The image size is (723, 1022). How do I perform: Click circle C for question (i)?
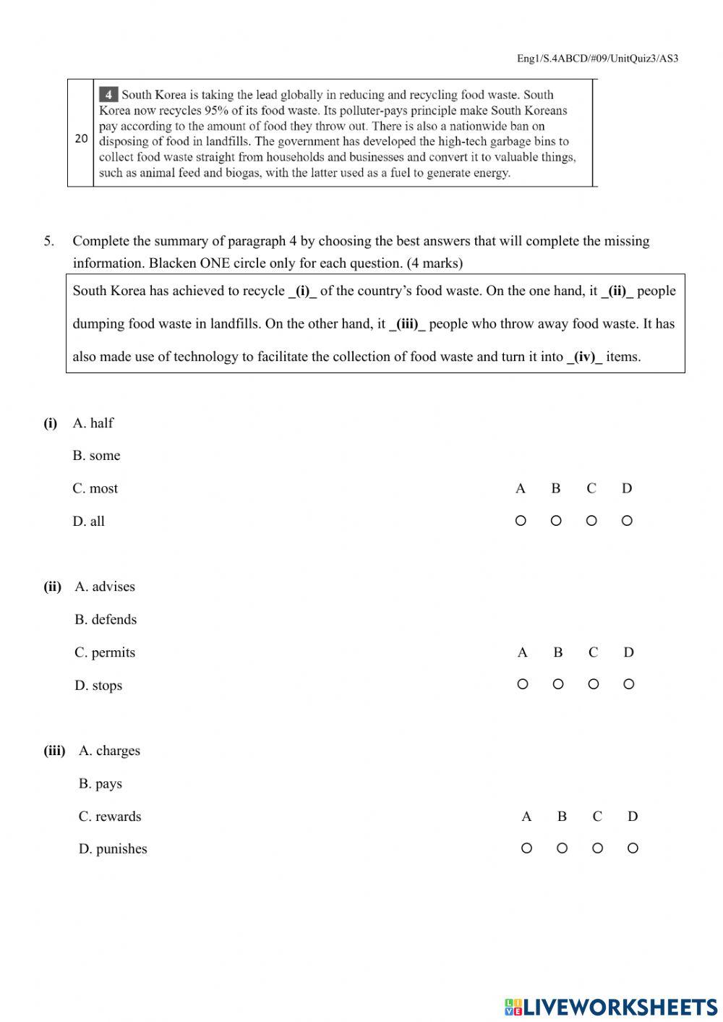pyautogui.click(x=591, y=521)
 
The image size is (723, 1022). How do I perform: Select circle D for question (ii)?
pyautogui.click(x=628, y=684)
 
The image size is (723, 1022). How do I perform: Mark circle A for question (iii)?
pyautogui.click(x=526, y=848)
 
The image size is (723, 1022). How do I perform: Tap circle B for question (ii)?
pyautogui.click(x=557, y=684)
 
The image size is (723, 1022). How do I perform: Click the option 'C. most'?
pyautogui.click(x=95, y=489)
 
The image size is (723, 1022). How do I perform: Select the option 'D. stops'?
pyautogui.click(x=98, y=686)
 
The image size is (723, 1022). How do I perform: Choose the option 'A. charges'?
pyautogui.click(x=109, y=751)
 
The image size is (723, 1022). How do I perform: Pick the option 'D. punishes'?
pyautogui.click(x=112, y=849)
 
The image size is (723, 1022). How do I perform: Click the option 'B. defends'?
pyautogui.click(x=106, y=620)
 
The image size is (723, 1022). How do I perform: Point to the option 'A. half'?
pyautogui.click(x=93, y=423)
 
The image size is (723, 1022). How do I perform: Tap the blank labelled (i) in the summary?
pyautogui.click(x=302, y=291)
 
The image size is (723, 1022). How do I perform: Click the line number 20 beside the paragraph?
pyautogui.click(x=81, y=138)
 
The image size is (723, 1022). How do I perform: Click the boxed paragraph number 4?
pyautogui.click(x=108, y=95)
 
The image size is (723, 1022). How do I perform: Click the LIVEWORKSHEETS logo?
pyautogui.click(x=610, y=1007)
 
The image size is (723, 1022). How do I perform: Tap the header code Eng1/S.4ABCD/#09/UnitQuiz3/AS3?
pyautogui.click(x=597, y=59)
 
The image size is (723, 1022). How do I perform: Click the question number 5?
pyautogui.click(x=48, y=241)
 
